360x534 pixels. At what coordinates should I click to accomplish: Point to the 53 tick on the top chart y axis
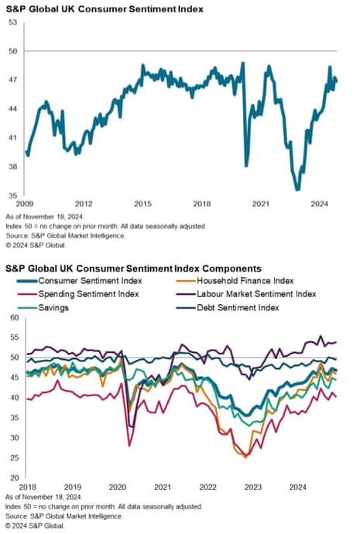click(x=13, y=22)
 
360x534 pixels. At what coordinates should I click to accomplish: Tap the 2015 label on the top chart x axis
click(x=142, y=204)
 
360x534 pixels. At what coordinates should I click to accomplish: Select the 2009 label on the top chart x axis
click(x=24, y=204)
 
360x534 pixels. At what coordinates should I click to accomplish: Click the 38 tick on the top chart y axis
click(x=13, y=166)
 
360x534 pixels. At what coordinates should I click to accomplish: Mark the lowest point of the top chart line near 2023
click(x=297, y=189)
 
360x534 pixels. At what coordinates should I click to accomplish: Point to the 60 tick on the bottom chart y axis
click(x=13, y=317)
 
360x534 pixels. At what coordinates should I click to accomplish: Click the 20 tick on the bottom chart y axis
click(x=13, y=478)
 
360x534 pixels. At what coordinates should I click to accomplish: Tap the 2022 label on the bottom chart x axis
click(x=207, y=488)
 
